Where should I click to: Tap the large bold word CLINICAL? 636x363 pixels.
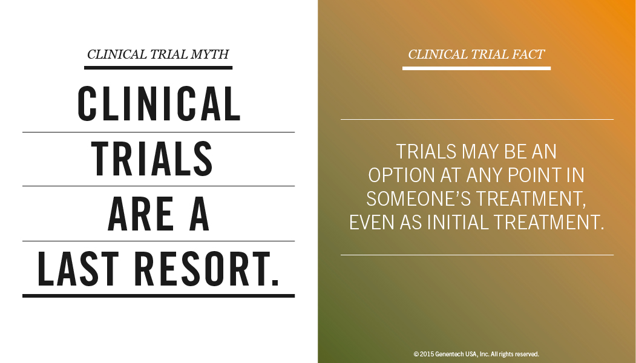pyautogui.click(x=159, y=104)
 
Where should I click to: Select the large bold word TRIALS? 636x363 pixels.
pyautogui.click(x=152, y=159)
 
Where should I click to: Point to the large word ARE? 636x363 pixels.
pyautogui.click(x=140, y=214)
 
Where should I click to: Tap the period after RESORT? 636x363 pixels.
pyautogui.click(x=275, y=283)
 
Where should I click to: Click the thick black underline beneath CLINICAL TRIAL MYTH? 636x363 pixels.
pyautogui.click(x=158, y=68)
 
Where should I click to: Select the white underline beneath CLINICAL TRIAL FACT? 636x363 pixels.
pyautogui.click(x=477, y=68)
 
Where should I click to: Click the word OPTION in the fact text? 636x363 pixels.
pyautogui.click(x=402, y=175)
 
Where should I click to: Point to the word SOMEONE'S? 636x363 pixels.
pyautogui.click(x=419, y=198)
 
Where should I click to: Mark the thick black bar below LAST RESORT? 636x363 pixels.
pyautogui.click(x=159, y=296)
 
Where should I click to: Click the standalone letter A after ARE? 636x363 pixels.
pyautogui.click(x=199, y=214)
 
